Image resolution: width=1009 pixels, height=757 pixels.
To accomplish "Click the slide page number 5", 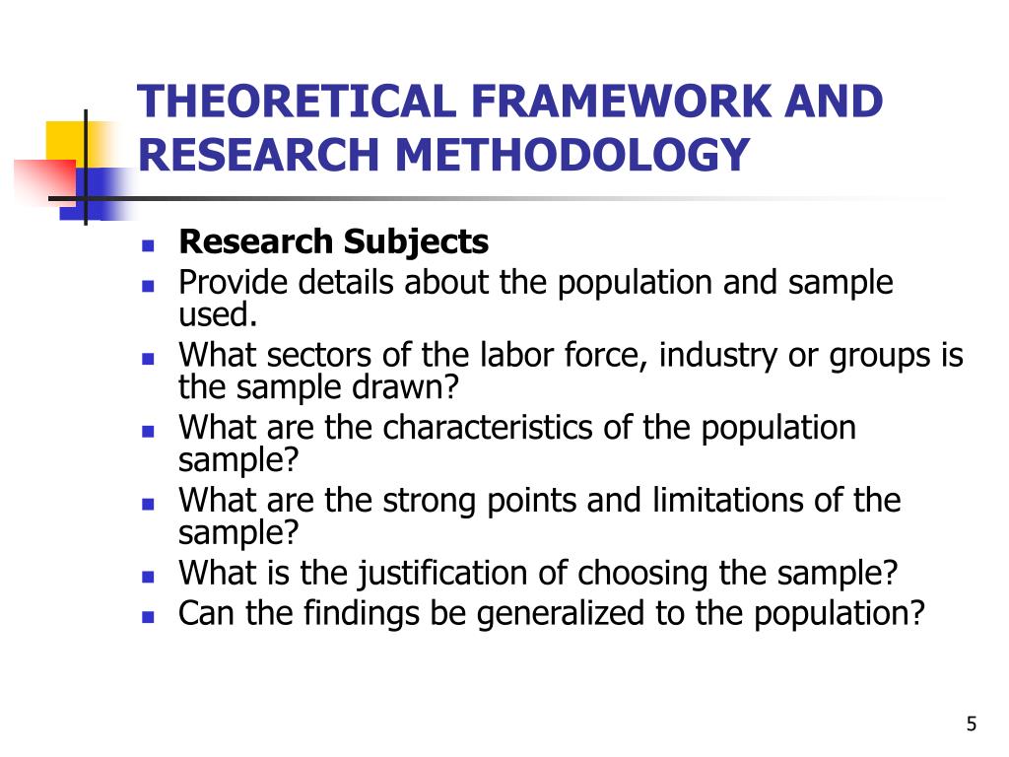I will [972, 725].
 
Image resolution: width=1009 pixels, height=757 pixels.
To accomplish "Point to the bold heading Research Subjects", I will [333, 241].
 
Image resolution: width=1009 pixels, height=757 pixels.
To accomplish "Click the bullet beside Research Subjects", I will [149, 242].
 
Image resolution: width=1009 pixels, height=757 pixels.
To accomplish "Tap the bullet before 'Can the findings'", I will [149, 615].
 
